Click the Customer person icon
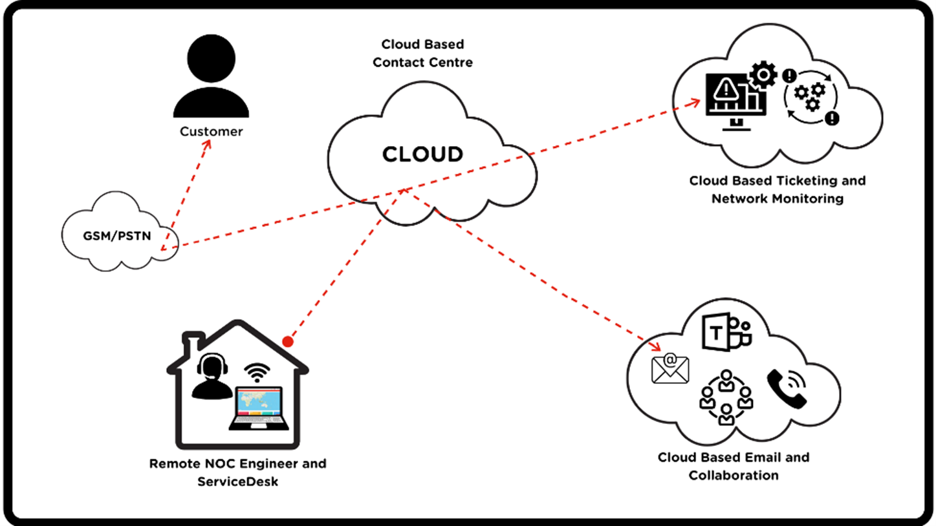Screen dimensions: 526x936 pos(211,77)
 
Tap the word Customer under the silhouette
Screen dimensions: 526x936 pos(211,132)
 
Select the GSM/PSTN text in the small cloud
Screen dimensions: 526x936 pos(117,236)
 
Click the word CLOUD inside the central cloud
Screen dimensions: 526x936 pos(422,154)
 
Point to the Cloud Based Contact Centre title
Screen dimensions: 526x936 pos(422,54)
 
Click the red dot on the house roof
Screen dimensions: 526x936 pos(288,341)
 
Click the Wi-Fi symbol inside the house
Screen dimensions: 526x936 pos(257,373)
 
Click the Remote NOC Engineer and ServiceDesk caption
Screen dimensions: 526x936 pos(237,472)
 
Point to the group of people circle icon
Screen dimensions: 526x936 pos(726,397)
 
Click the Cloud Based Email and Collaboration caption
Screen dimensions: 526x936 pos(733,466)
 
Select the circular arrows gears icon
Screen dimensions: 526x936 pos(810,98)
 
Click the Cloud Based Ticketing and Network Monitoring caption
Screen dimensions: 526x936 pos(777,189)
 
